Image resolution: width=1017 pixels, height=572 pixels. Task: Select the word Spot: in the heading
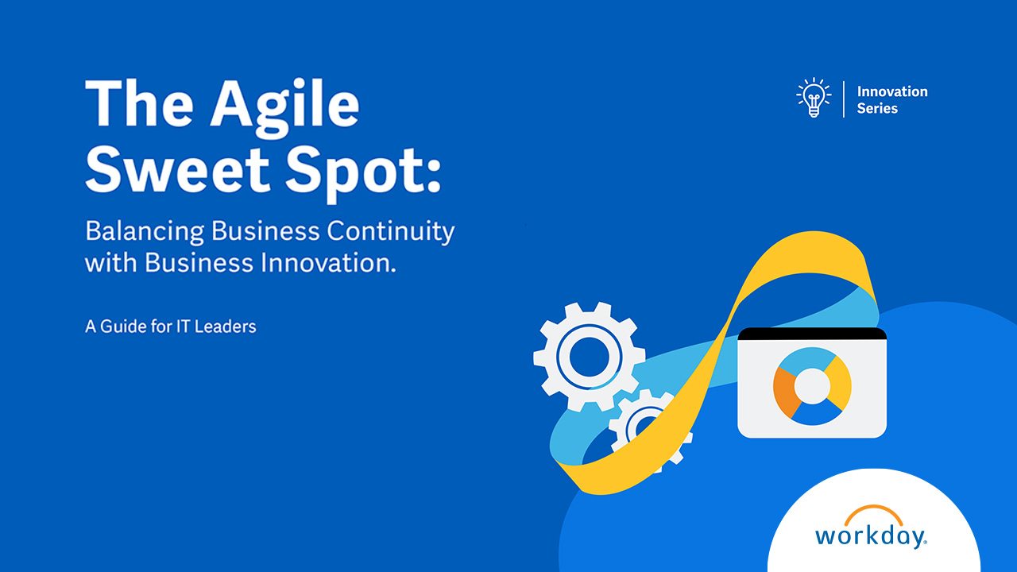click(x=363, y=175)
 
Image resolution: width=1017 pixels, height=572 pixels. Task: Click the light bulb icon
click(x=814, y=98)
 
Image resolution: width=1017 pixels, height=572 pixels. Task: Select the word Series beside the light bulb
click(x=877, y=108)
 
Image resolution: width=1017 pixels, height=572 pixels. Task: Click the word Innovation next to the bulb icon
click(x=892, y=91)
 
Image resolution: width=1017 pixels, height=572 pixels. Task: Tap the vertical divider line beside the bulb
click(x=844, y=99)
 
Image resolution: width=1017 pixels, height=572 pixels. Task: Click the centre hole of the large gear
click(x=589, y=357)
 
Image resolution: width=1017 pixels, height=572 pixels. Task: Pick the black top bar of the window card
click(x=812, y=334)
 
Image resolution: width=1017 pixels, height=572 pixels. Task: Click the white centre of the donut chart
click(x=812, y=386)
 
